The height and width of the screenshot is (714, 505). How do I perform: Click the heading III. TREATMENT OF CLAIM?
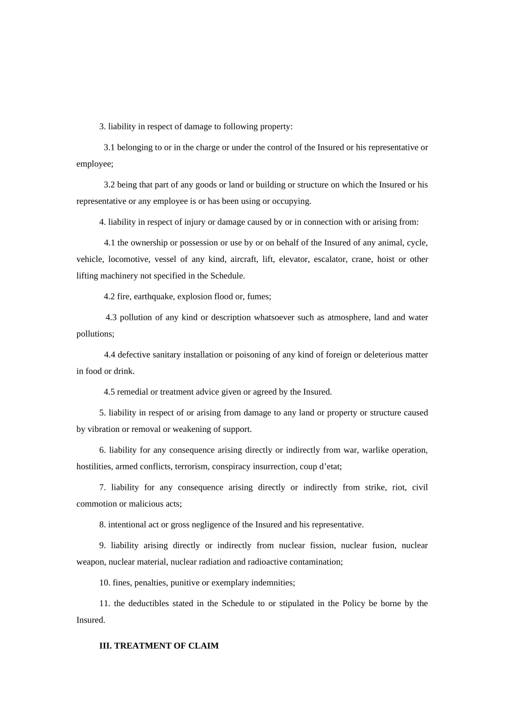coord(159,646)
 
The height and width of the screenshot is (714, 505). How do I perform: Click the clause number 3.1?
coord(109,148)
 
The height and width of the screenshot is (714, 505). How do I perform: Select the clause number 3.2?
coord(109,185)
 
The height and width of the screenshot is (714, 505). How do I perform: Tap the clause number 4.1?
coord(110,243)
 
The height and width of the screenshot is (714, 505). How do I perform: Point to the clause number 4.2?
coord(109,296)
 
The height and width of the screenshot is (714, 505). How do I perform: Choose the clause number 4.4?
coord(110,355)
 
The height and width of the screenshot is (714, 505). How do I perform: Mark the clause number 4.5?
coord(109,392)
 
